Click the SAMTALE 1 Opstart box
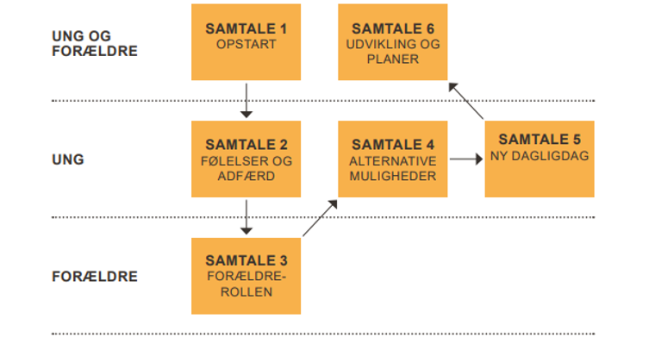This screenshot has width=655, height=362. (x=246, y=41)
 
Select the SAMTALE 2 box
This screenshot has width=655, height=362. (x=246, y=159)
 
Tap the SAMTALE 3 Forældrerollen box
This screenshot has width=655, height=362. (x=246, y=275)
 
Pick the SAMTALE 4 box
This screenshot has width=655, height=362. (x=393, y=159)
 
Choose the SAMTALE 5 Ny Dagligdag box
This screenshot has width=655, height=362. (x=540, y=159)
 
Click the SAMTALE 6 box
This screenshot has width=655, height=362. (x=393, y=41)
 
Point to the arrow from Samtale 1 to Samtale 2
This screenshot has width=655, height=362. (x=246, y=99)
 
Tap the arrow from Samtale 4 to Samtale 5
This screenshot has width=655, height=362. (x=465, y=159)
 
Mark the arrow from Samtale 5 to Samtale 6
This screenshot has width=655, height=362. (x=466, y=100)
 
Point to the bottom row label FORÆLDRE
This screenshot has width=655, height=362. (x=95, y=277)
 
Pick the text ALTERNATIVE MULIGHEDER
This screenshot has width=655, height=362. (x=393, y=168)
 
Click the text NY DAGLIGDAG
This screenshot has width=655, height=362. (x=540, y=155)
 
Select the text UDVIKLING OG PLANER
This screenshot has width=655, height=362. (x=393, y=52)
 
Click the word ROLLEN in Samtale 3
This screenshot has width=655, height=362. (x=246, y=291)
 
